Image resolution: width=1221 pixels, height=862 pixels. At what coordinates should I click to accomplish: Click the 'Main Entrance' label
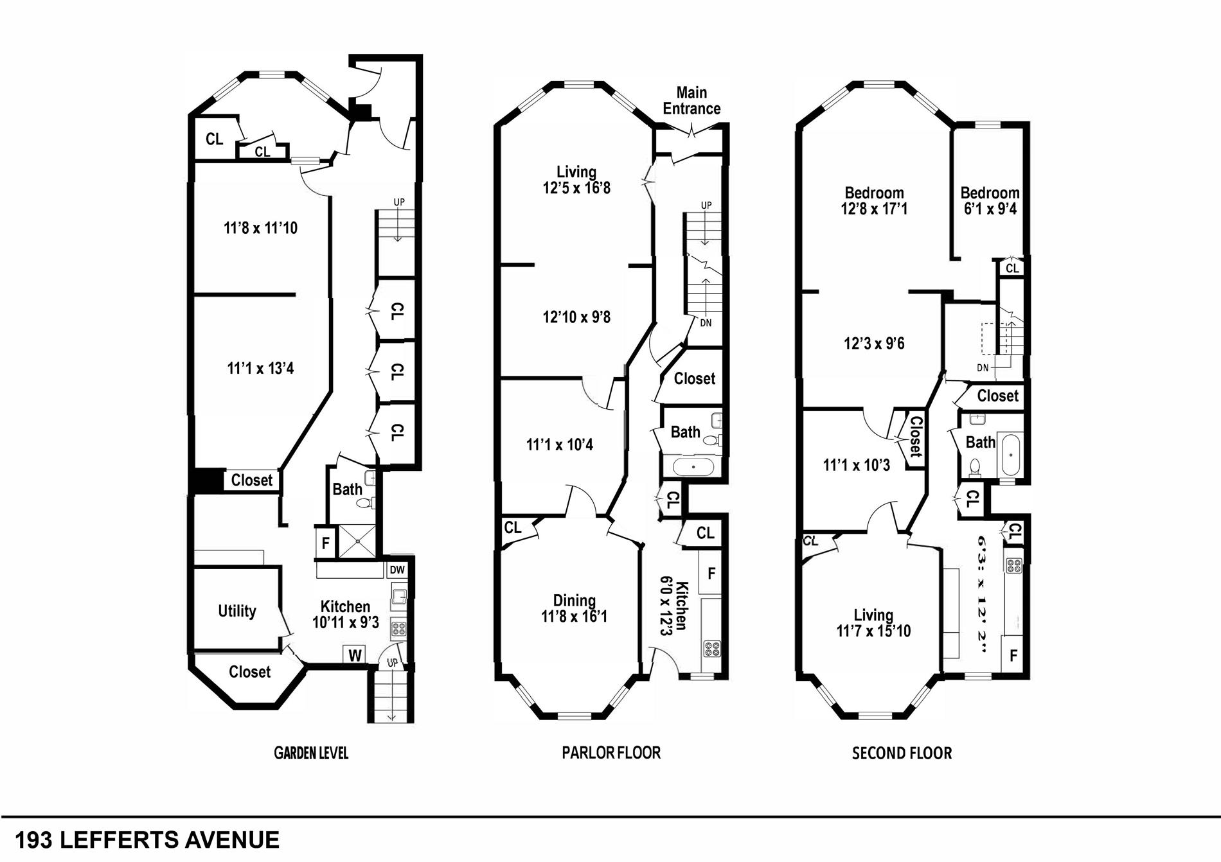click(691, 101)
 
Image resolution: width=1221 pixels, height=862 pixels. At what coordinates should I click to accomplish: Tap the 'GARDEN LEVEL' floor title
click(311, 753)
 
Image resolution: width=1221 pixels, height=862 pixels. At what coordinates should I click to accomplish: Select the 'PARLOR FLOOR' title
click(611, 752)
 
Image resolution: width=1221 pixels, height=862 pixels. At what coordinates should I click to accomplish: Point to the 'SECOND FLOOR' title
click(902, 753)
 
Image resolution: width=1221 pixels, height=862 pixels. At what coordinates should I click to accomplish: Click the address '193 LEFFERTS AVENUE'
click(147, 840)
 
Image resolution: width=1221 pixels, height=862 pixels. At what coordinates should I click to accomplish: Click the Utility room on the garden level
click(236, 610)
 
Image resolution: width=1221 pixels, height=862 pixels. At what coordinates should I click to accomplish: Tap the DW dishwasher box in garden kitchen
click(397, 570)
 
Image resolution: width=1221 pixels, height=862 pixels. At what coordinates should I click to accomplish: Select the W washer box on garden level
click(355, 655)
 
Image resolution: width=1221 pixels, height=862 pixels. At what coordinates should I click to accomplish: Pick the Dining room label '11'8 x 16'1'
click(574, 608)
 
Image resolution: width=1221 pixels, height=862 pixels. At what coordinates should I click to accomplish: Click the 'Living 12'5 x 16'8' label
click(576, 180)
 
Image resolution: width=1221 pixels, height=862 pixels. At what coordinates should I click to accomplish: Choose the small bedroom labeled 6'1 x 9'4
click(990, 200)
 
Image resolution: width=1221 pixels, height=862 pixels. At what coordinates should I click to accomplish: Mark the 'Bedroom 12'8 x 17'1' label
click(874, 200)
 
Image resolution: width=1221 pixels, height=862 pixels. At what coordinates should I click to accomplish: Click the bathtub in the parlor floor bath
click(692, 466)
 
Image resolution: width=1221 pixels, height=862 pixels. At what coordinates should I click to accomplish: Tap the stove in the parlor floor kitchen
click(711, 648)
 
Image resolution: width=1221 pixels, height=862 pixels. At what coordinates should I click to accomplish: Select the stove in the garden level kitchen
click(398, 629)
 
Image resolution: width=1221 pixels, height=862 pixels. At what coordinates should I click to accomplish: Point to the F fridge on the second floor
click(1013, 656)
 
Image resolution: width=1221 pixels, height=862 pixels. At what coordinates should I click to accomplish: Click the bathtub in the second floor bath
click(1011, 455)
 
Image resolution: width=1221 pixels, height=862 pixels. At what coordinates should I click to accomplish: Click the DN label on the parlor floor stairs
click(706, 323)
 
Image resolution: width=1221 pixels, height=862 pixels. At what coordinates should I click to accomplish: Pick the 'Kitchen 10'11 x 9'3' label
click(345, 614)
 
